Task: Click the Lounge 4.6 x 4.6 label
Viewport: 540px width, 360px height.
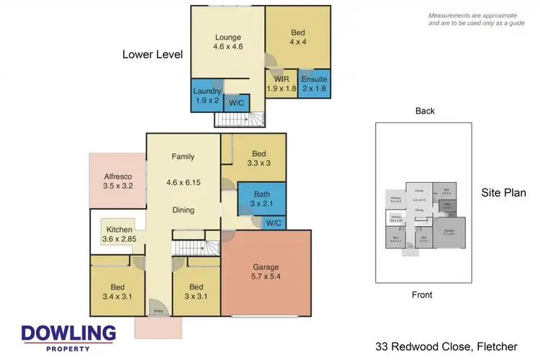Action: coord(228,41)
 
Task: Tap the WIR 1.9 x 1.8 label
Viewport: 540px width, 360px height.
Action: coord(280,84)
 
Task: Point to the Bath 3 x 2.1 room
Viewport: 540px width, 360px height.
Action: coord(260,197)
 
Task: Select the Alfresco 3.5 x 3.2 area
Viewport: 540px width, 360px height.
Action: coord(117,179)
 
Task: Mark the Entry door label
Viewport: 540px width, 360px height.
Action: coord(158,311)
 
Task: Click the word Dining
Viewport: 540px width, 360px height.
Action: coord(183,210)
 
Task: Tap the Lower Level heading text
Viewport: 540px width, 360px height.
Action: coord(152,55)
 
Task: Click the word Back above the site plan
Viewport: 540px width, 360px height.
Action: coord(425,111)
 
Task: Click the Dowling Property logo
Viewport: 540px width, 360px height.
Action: coord(68,336)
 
